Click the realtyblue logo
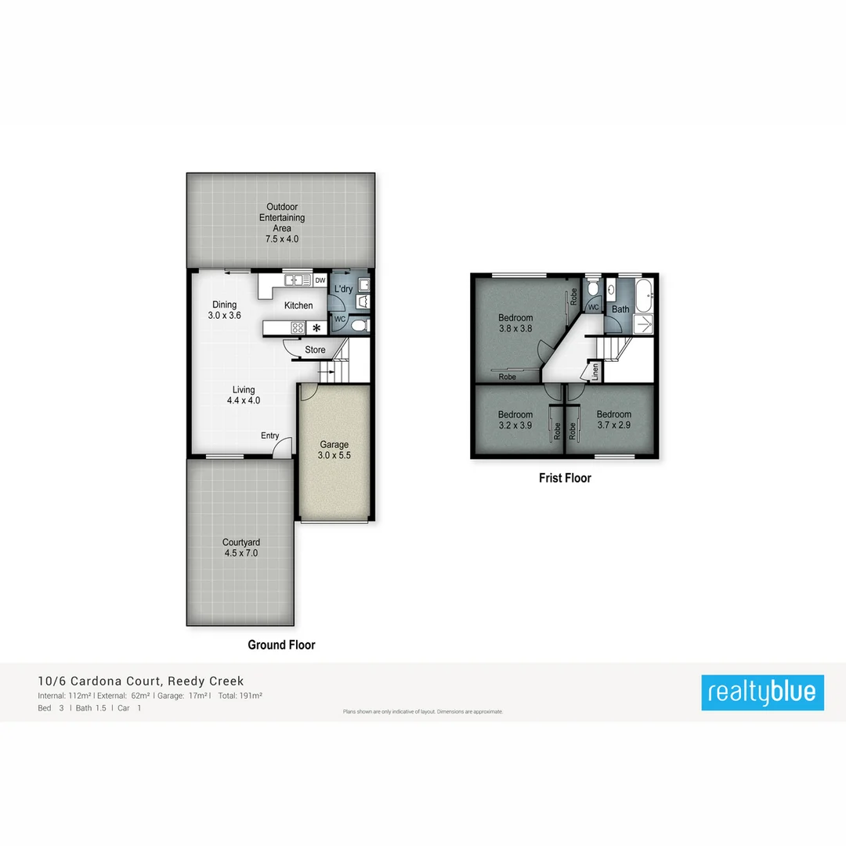tap(762, 692)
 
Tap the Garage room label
tap(334, 450)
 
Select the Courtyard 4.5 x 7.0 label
tap(240, 548)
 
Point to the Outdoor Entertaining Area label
tap(281, 223)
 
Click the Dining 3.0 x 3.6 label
tap(225, 310)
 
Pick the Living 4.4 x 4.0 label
tap(244, 395)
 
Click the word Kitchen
tap(298, 305)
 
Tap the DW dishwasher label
tap(320, 280)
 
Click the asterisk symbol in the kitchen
tap(316, 328)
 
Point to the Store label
tap(315, 350)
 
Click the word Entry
tap(269, 436)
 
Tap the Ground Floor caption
tap(281, 645)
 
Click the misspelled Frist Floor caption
tap(565, 478)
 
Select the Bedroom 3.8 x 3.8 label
tap(515, 324)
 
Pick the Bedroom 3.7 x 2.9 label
tap(613, 420)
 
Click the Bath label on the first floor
tap(620, 309)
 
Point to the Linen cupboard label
tap(596, 371)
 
